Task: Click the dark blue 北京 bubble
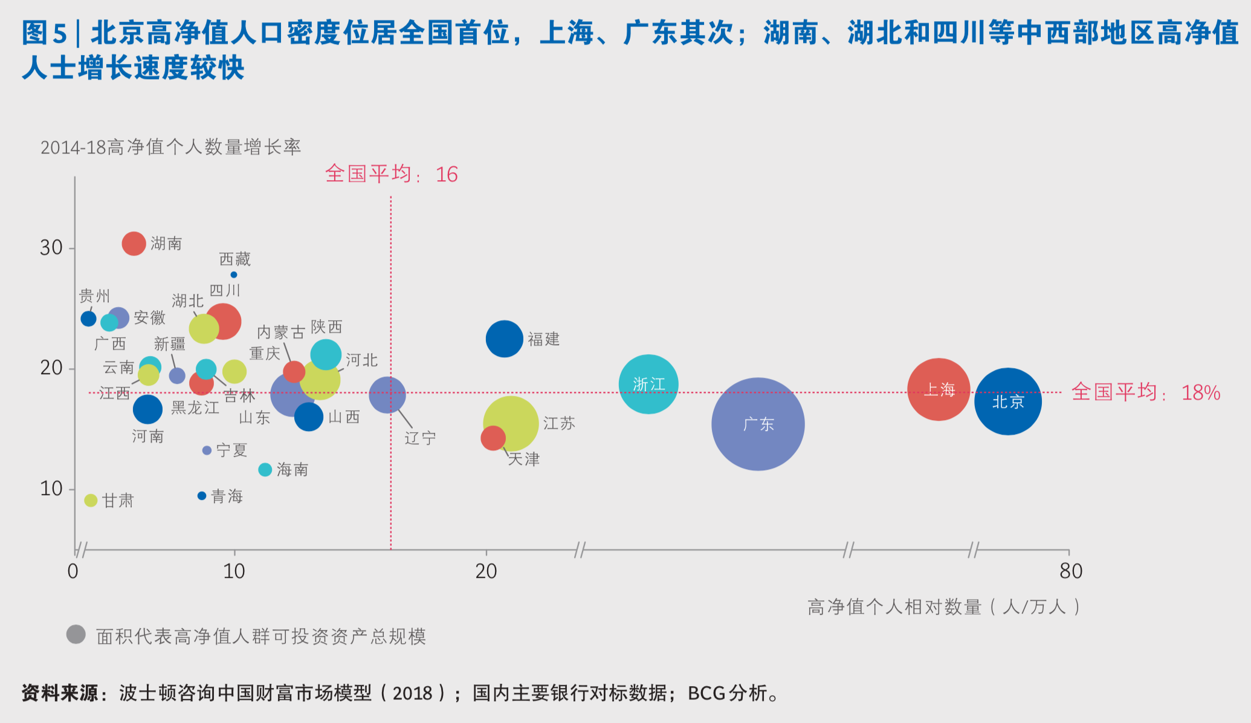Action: coord(1007,401)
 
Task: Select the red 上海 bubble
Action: coord(939,389)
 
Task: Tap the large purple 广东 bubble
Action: coord(758,424)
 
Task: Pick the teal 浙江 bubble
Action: coord(648,384)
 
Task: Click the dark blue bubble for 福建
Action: coord(504,339)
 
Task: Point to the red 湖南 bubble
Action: coord(134,244)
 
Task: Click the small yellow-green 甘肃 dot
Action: coord(91,501)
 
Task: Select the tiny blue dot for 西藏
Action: coord(234,275)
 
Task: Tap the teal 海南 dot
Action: coord(265,470)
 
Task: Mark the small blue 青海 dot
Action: coord(202,496)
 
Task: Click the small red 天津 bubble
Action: coord(493,438)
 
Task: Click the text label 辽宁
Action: coord(420,438)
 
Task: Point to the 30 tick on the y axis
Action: coord(51,248)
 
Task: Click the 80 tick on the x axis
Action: coord(1070,571)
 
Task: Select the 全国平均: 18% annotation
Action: coord(1145,392)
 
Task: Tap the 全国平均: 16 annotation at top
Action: coord(391,174)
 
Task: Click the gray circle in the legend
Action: coord(76,635)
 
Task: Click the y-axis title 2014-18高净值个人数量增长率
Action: coord(170,147)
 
